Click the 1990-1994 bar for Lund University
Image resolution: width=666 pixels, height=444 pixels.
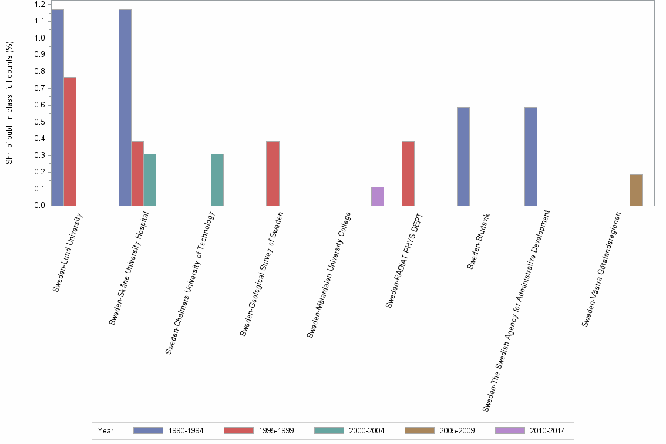[x=57, y=107]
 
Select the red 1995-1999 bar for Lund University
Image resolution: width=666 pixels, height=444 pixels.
[x=70, y=141]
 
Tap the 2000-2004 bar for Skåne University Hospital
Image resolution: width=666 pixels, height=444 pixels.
[x=150, y=180]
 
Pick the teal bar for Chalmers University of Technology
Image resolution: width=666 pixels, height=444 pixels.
[x=217, y=180]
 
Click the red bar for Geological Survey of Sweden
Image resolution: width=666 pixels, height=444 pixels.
[x=273, y=173]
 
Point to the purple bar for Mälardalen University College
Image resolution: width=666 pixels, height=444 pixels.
[x=378, y=196]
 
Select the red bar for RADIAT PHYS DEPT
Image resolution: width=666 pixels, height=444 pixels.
[x=408, y=173]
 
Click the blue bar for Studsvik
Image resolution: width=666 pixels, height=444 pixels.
[x=463, y=156]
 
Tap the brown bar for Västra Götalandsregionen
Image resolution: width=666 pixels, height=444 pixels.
[x=636, y=190]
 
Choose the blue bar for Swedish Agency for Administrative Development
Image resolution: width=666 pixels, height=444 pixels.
[x=531, y=156]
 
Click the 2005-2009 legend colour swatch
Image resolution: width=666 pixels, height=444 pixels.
[x=420, y=430]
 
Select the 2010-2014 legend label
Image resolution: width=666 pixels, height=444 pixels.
[x=547, y=430]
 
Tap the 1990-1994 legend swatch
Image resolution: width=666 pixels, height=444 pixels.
[x=149, y=430]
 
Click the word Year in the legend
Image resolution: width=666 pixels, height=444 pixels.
[x=106, y=430]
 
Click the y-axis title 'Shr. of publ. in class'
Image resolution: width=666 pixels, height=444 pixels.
[x=9, y=103]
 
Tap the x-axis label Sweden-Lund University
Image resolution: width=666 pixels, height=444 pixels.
[x=68, y=253]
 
